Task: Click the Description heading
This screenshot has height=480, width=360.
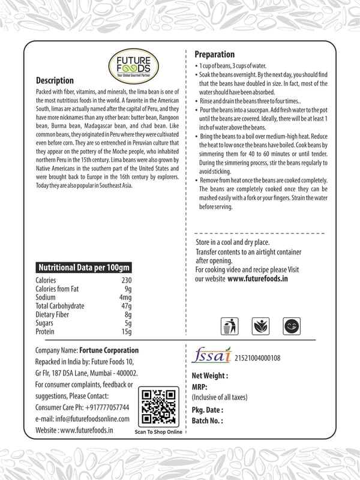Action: (55, 81)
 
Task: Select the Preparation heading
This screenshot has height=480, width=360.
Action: (215, 55)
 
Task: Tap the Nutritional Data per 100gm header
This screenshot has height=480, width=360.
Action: (83, 268)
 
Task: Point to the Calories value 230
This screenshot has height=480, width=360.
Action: (125, 280)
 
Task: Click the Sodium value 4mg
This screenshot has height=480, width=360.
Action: (125, 297)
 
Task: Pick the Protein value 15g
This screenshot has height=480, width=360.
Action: (126, 331)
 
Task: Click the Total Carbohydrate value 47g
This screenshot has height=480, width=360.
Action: (125, 306)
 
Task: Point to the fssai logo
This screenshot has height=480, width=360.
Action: (211, 356)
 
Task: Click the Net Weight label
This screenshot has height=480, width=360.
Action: (209, 376)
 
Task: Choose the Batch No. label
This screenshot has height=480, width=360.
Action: (207, 421)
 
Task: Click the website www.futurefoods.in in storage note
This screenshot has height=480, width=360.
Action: (258, 279)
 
